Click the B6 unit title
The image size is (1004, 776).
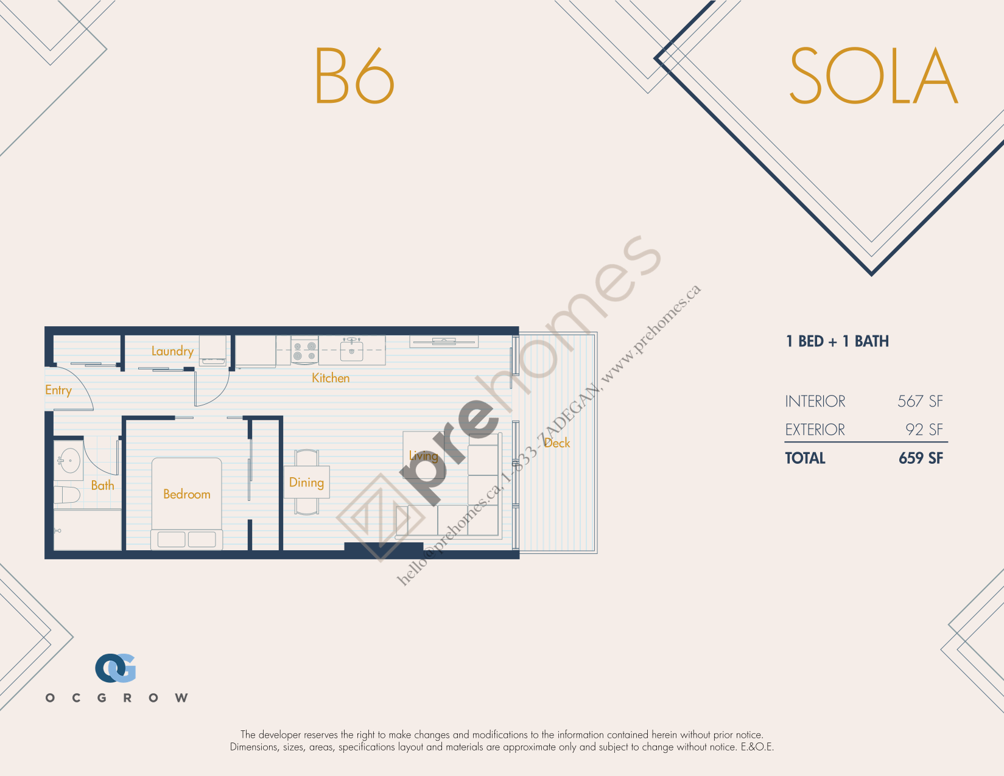354,75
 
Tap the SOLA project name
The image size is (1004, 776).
874,75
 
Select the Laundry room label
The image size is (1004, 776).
172,351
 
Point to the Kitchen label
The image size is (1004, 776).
331,378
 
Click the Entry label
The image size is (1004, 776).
58,391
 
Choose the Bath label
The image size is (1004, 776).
102,485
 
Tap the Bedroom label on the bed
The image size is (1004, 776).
187,494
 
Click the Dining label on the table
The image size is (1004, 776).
306,483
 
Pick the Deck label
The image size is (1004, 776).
556,443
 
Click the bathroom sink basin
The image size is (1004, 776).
70,460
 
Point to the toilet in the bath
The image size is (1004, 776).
67,495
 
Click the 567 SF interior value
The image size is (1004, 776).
920,401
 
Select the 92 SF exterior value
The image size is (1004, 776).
924,430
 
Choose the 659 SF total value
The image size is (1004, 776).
921,458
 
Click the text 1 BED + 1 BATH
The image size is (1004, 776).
837,341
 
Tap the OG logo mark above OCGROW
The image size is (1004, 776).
116,668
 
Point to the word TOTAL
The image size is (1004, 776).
805,458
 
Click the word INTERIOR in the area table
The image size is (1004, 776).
815,401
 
